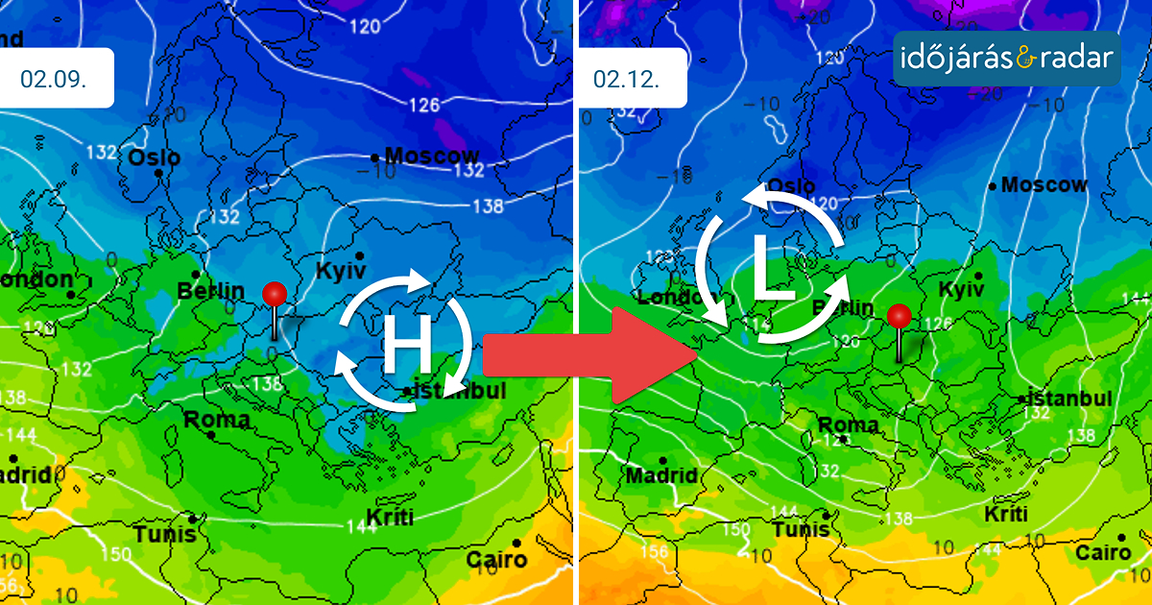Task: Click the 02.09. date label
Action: coord(54,79)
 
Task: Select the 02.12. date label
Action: coord(626,79)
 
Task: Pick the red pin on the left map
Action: coord(276,295)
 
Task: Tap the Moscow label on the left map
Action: coord(431,156)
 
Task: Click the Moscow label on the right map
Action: coord(1044,184)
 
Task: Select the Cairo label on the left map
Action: coord(496,559)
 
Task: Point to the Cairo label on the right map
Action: coord(1102,552)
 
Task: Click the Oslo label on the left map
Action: coord(155,157)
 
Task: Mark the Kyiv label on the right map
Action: coord(961,289)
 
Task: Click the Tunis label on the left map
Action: coord(164,534)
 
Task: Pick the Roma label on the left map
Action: coord(217,420)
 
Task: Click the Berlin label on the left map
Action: coord(204,291)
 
